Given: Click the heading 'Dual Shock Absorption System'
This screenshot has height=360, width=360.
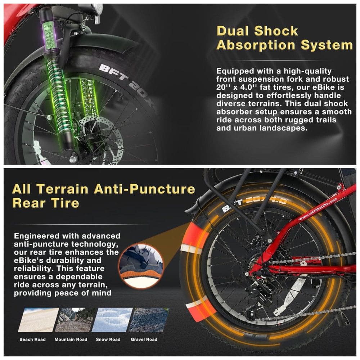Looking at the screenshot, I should [x=284, y=38].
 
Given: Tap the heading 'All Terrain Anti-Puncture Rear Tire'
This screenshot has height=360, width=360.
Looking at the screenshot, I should [x=104, y=196].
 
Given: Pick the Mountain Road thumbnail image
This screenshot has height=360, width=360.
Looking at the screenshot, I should [x=71, y=320].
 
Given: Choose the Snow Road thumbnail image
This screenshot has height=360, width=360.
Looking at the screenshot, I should [x=108, y=320].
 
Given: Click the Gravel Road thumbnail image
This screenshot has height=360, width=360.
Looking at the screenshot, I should [x=144, y=320].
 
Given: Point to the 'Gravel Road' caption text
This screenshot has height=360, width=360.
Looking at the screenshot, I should [x=144, y=339].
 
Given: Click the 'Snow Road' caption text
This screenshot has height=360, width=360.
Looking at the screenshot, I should [x=108, y=339].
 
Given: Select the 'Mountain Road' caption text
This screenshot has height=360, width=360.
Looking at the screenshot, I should [x=71, y=339].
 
